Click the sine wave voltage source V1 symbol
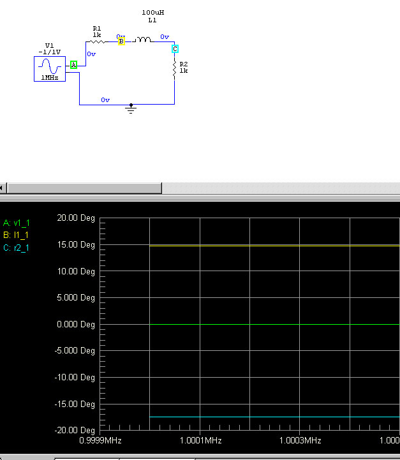pos(50,68)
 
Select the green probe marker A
pos(73,64)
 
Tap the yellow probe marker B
pos(121,41)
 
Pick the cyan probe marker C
pos(175,49)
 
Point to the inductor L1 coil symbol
pos(142,41)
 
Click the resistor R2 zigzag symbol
pos(174,70)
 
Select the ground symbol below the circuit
pos(131,109)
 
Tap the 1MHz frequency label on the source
pos(50,78)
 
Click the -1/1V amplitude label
pos(49,52)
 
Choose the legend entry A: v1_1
pos(17,223)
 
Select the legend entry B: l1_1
pos(16,235)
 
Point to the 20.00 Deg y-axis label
pos(75,218)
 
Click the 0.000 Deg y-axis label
pos(75,325)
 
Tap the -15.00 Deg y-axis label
pos(75,404)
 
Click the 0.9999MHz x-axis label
pos(100,441)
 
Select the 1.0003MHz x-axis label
pos(300,441)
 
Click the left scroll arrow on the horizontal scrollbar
pos(3,188)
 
